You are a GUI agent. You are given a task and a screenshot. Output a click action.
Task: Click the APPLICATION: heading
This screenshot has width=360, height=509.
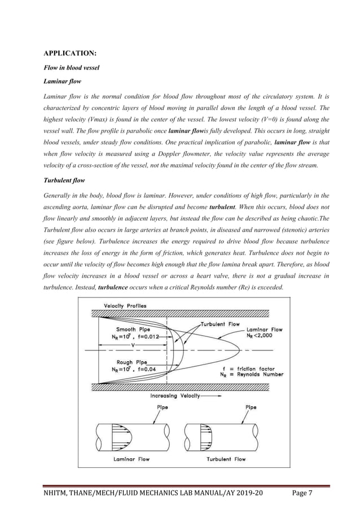pyautogui.click(x=70, y=54)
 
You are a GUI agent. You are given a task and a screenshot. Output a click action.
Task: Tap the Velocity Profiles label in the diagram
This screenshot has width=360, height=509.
pyautogui.click(x=123, y=306)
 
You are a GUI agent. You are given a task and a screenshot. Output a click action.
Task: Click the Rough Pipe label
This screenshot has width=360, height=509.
pyautogui.click(x=132, y=362)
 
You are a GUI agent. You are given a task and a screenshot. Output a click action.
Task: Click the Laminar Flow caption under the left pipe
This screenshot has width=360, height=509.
pyautogui.click(x=131, y=459)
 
